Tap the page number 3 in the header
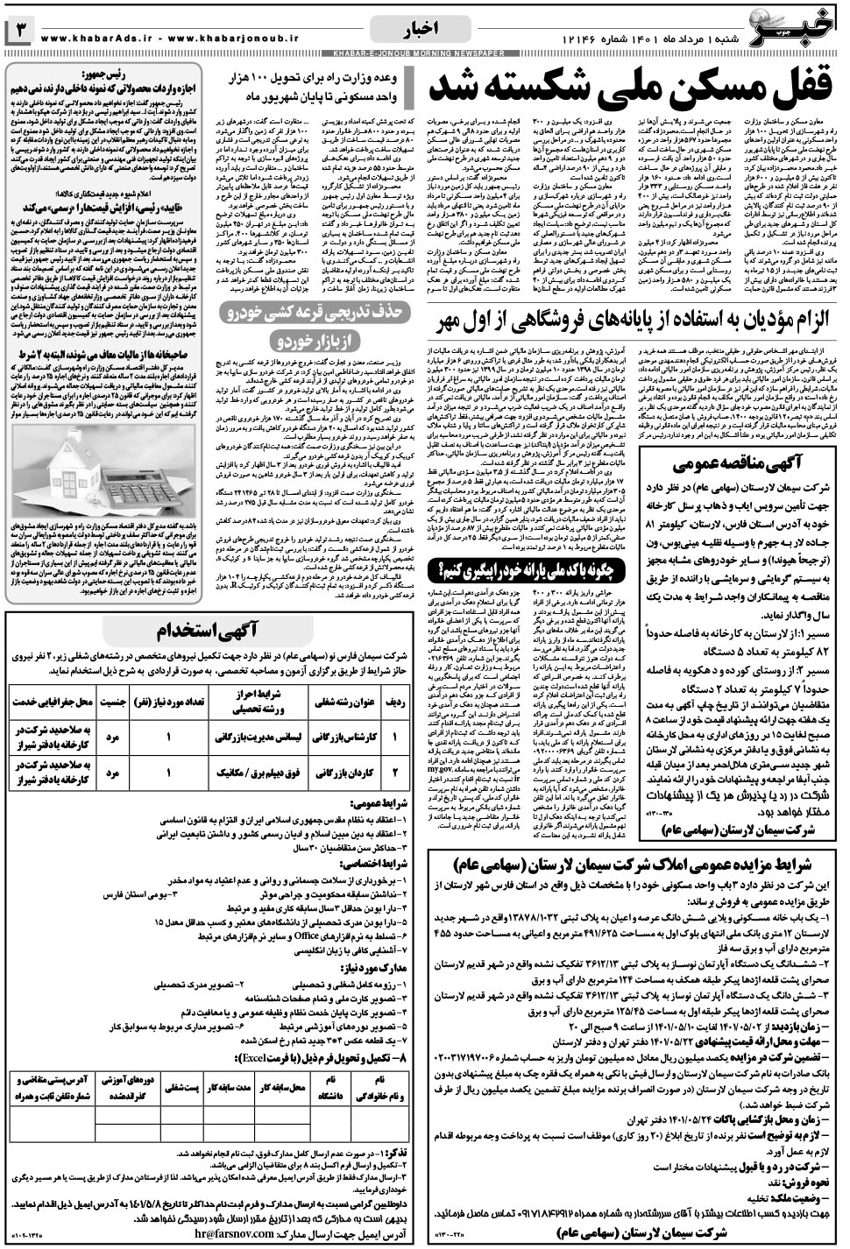[x=19, y=33]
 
